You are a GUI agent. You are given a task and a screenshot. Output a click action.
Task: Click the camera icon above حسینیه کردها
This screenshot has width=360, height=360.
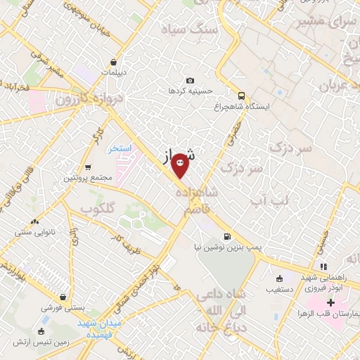[x=190, y=81]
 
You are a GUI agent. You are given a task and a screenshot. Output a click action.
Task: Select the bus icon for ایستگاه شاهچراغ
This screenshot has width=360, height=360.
[x=241, y=96]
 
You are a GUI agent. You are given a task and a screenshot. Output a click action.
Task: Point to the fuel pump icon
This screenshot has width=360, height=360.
[x=226, y=236]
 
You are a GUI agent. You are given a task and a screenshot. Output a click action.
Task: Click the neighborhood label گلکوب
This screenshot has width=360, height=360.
[x=98, y=209]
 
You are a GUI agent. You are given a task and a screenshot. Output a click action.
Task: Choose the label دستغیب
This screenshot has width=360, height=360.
[x=281, y=288]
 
